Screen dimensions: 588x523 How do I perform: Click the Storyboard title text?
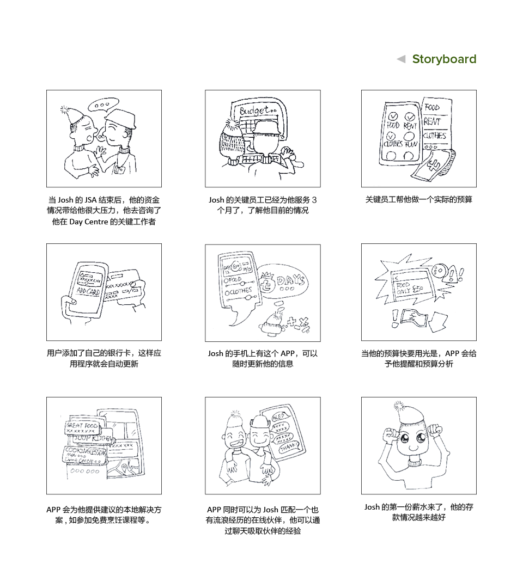point(444,59)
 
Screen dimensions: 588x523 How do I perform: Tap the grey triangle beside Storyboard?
point(402,59)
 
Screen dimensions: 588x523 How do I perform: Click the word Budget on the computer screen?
point(254,111)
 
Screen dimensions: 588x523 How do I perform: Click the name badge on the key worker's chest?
point(119,169)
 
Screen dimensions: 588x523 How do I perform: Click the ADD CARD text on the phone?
point(88,292)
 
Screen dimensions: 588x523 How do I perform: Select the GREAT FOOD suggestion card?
point(82,426)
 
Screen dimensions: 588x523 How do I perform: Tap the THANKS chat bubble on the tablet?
point(287,448)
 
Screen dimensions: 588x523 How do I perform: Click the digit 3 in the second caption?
point(314,200)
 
